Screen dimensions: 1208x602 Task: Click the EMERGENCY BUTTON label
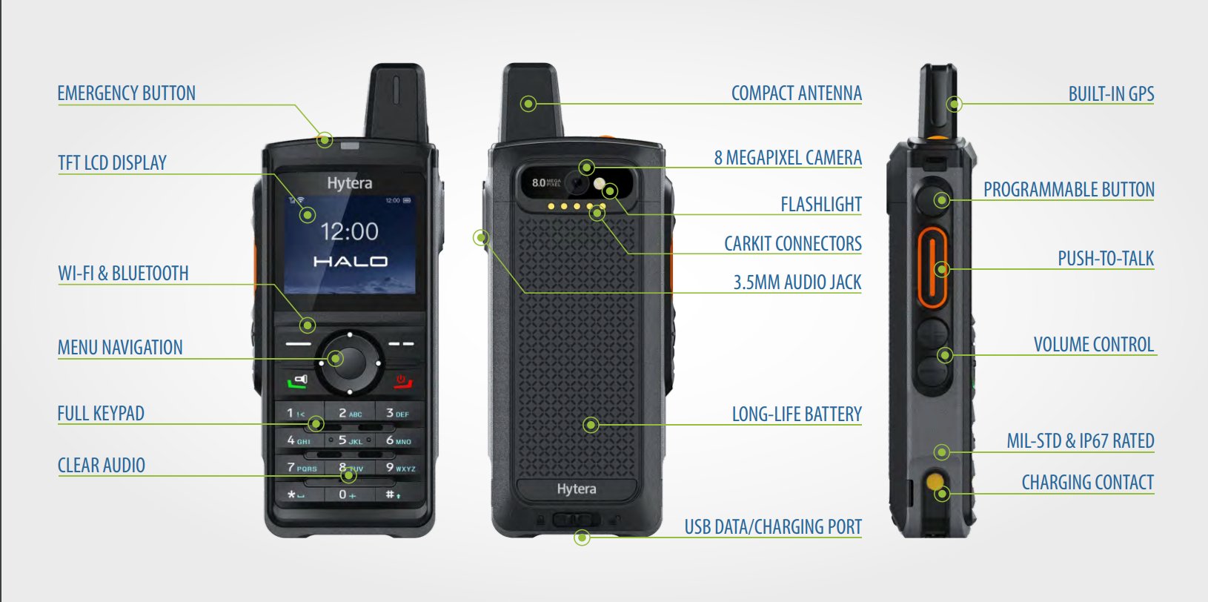tap(126, 93)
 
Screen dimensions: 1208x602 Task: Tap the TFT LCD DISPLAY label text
tap(112, 163)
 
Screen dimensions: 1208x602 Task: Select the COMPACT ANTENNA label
tap(796, 93)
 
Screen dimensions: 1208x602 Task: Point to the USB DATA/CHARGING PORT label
tap(773, 527)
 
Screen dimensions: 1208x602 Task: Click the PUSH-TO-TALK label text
tap(1106, 259)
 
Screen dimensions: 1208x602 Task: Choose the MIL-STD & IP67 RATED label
tap(1081, 441)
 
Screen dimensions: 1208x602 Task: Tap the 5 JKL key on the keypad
tap(350, 440)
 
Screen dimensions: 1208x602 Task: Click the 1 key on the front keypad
tap(298, 414)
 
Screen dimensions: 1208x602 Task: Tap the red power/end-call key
tap(402, 381)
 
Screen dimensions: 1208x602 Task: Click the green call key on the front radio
tap(297, 382)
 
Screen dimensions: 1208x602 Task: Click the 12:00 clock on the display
tap(350, 232)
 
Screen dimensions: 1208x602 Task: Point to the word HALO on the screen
tap(351, 262)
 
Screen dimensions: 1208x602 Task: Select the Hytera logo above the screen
tap(350, 183)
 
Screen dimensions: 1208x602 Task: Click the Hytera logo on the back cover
tap(577, 489)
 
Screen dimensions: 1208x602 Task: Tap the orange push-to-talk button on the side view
tap(932, 268)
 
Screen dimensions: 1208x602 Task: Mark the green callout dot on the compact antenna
tap(528, 104)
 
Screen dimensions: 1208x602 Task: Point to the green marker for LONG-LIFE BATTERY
tap(591, 425)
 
